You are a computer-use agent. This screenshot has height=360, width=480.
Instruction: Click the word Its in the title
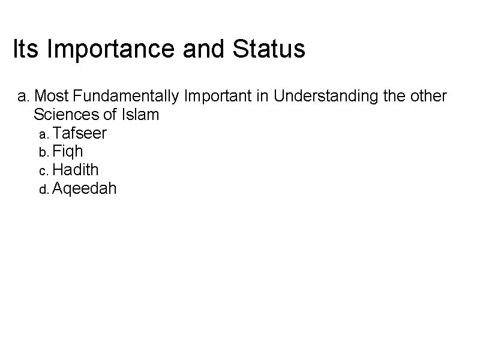[27, 49]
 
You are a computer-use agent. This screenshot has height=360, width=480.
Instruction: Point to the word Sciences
[64, 115]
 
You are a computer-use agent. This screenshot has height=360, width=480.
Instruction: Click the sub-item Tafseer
[80, 133]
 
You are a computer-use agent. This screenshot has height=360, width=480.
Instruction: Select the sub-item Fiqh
[68, 151]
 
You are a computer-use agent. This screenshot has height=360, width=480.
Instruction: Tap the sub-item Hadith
[76, 170]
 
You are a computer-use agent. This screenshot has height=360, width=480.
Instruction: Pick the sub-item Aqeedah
[85, 188]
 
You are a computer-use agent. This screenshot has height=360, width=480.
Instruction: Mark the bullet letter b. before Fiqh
[44, 152]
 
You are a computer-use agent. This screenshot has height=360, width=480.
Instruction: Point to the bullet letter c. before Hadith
[44, 171]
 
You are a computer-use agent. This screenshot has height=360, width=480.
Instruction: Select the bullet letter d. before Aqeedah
[44, 190]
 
